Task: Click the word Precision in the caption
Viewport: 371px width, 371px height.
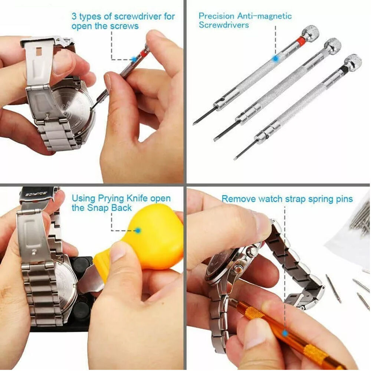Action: [217, 16]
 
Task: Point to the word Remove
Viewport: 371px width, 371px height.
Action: [239, 199]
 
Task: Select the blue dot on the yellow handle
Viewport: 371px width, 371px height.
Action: [138, 230]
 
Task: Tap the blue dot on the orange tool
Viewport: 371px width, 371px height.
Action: [285, 333]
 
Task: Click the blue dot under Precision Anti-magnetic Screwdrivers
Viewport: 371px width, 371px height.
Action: [275, 58]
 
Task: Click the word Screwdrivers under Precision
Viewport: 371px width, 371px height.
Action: [224, 25]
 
